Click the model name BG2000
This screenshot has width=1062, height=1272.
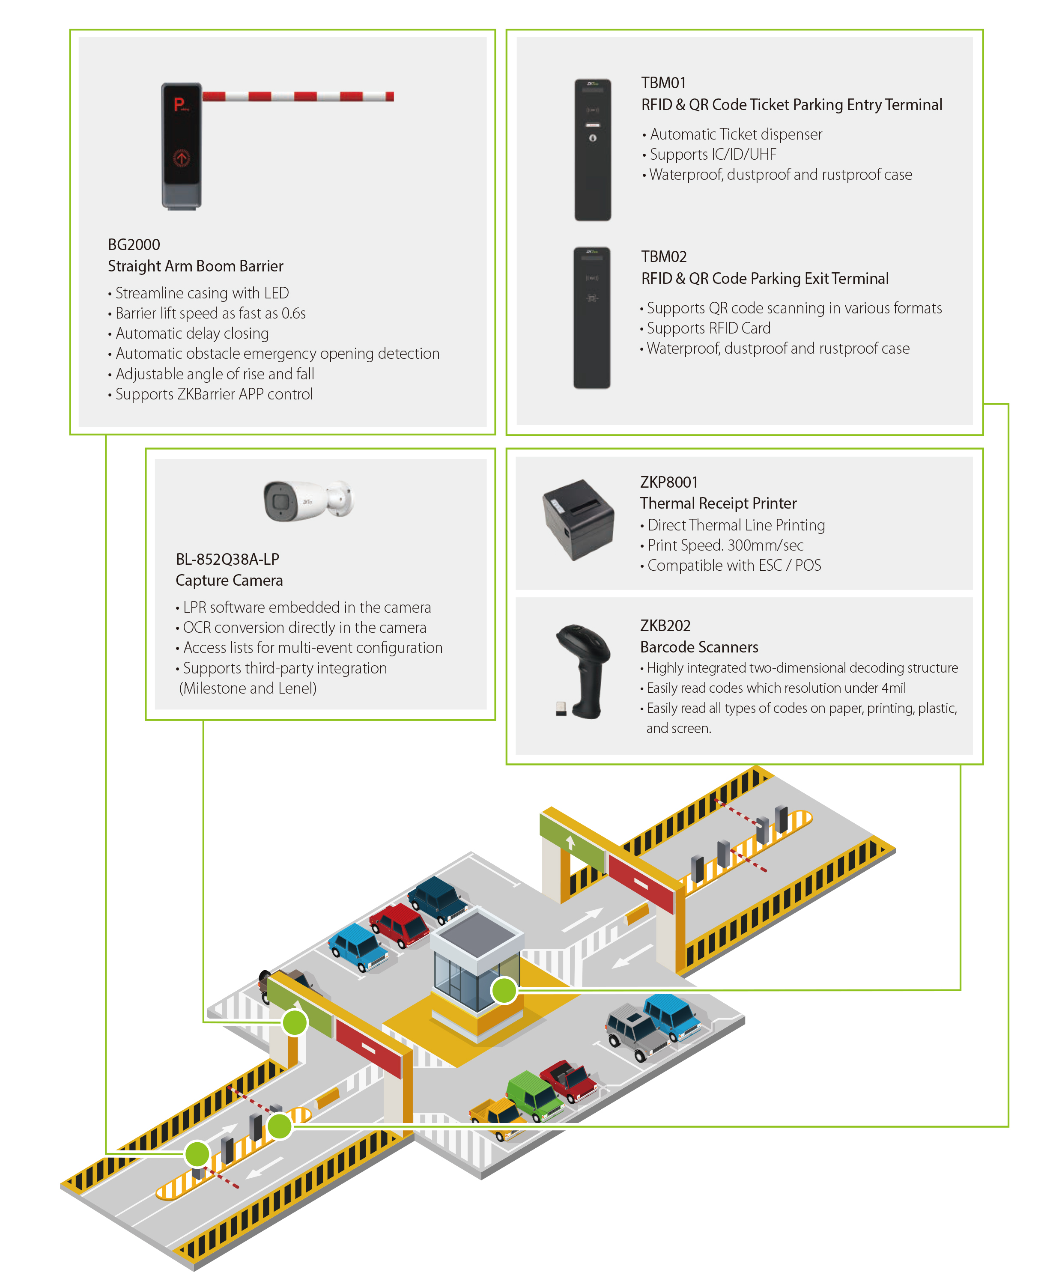click(134, 245)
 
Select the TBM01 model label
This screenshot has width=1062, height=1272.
click(663, 83)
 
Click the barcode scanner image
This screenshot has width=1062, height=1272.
click(582, 670)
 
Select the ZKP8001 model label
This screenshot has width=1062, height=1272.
click(669, 482)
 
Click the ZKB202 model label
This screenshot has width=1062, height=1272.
click(665, 626)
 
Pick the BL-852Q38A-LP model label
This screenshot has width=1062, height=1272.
click(227, 559)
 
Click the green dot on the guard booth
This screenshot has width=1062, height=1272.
click(504, 990)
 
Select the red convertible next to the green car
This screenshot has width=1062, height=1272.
click(568, 1080)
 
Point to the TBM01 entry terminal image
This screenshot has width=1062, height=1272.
click(593, 149)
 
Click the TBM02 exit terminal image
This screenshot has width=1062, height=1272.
click(592, 318)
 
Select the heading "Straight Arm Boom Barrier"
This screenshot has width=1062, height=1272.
click(195, 266)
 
